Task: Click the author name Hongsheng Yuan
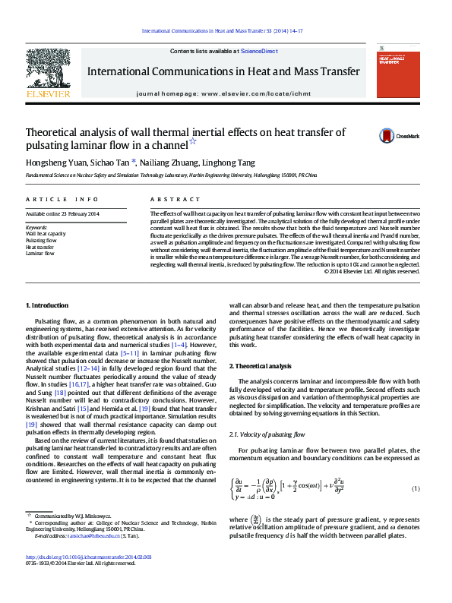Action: click(52, 163)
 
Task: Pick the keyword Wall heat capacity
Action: click(46, 234)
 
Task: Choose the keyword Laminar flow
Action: click(40, 254)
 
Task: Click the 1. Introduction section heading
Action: click(47, 305)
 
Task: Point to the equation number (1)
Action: click(415, 488)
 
